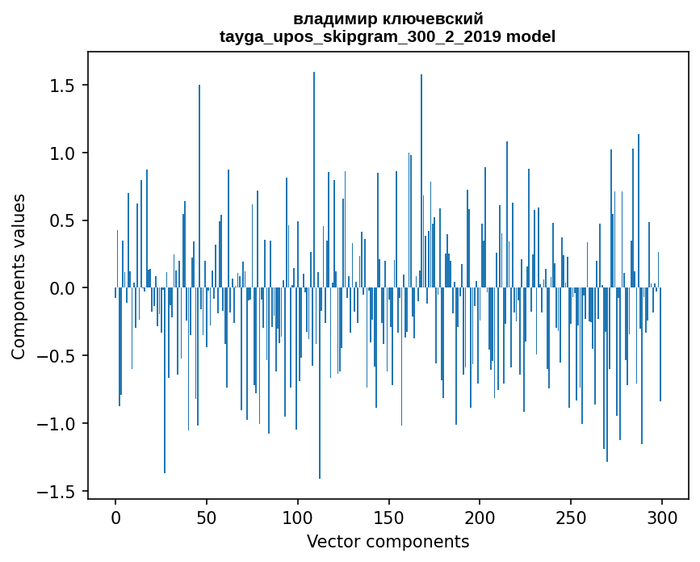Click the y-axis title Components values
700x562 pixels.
click(19, 276)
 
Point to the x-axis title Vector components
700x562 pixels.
click(388, 541)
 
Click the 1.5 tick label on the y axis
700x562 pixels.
click(64, 86)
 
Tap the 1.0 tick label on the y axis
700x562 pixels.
click(64, 153)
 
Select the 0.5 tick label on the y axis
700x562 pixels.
click(64, 221)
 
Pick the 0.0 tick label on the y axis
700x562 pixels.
click(64, 288)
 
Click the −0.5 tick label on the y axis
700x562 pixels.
click(58, 356)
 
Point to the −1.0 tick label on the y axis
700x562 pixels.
click(58, 424)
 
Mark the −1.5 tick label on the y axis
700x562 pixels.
click(58, 492)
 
